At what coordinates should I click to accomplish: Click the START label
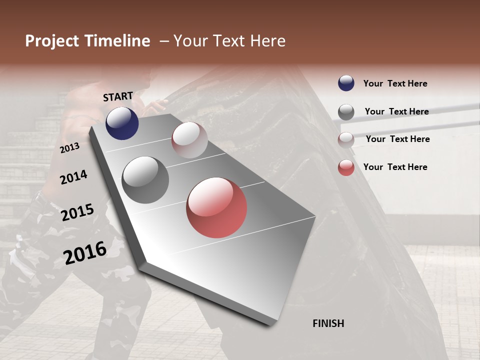118,96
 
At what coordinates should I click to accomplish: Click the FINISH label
328,323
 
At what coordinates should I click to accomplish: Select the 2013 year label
69,147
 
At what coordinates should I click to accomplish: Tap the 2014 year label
73,177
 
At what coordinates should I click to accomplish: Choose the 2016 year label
85,252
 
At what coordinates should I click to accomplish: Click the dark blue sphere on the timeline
122,123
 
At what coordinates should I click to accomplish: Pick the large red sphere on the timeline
216,207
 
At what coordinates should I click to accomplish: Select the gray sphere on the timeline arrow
145,179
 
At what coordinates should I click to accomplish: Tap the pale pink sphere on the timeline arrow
189,140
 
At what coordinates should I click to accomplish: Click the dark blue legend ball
346,83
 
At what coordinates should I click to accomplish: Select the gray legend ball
346,112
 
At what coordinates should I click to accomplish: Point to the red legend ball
346,167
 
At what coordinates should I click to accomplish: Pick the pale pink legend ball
346,140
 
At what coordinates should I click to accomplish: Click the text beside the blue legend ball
395,83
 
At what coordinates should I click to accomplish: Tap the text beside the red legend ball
395,167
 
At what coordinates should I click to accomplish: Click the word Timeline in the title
117,41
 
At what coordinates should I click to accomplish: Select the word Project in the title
52,41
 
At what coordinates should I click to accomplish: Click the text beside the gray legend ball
396,111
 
